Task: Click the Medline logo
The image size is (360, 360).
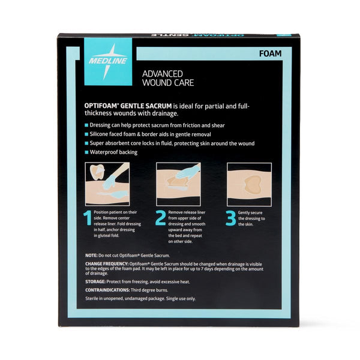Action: (108, 62)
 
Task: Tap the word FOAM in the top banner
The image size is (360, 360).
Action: (270, 54)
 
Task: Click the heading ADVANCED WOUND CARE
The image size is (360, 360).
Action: (168, 78)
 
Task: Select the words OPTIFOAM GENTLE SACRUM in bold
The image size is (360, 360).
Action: (128, 106)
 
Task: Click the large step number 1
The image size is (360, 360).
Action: (88, 218)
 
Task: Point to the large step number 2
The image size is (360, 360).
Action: (160, 218)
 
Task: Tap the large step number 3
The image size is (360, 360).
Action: (230, 218)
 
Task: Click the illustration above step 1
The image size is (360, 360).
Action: (107, 184)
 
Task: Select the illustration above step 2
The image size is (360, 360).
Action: (178, 184)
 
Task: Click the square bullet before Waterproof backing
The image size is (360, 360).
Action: (86, 152)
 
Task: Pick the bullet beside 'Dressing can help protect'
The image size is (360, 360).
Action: (86, 125)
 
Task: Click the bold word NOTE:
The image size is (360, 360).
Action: (91, 256)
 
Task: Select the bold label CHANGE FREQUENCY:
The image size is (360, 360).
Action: (107, 264)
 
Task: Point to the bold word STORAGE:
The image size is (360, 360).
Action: (95, 282)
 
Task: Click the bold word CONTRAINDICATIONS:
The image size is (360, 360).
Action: (107, 290)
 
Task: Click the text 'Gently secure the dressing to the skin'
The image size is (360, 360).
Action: (251, 218)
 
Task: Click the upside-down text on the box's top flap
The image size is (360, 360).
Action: (197, 35)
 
